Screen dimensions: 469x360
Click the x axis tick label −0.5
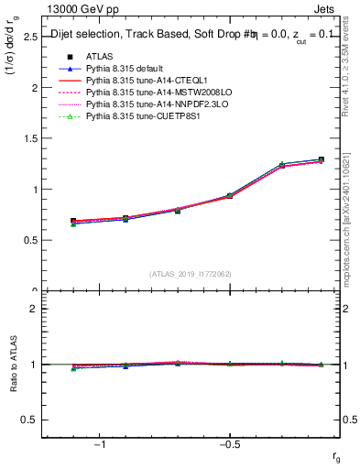(x=228, y=444)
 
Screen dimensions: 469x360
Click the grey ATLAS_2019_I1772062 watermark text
(x=191, y=274)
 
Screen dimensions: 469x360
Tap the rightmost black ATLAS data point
(x=321, y=160)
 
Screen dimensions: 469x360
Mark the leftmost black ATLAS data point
(x=73, y=222)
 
